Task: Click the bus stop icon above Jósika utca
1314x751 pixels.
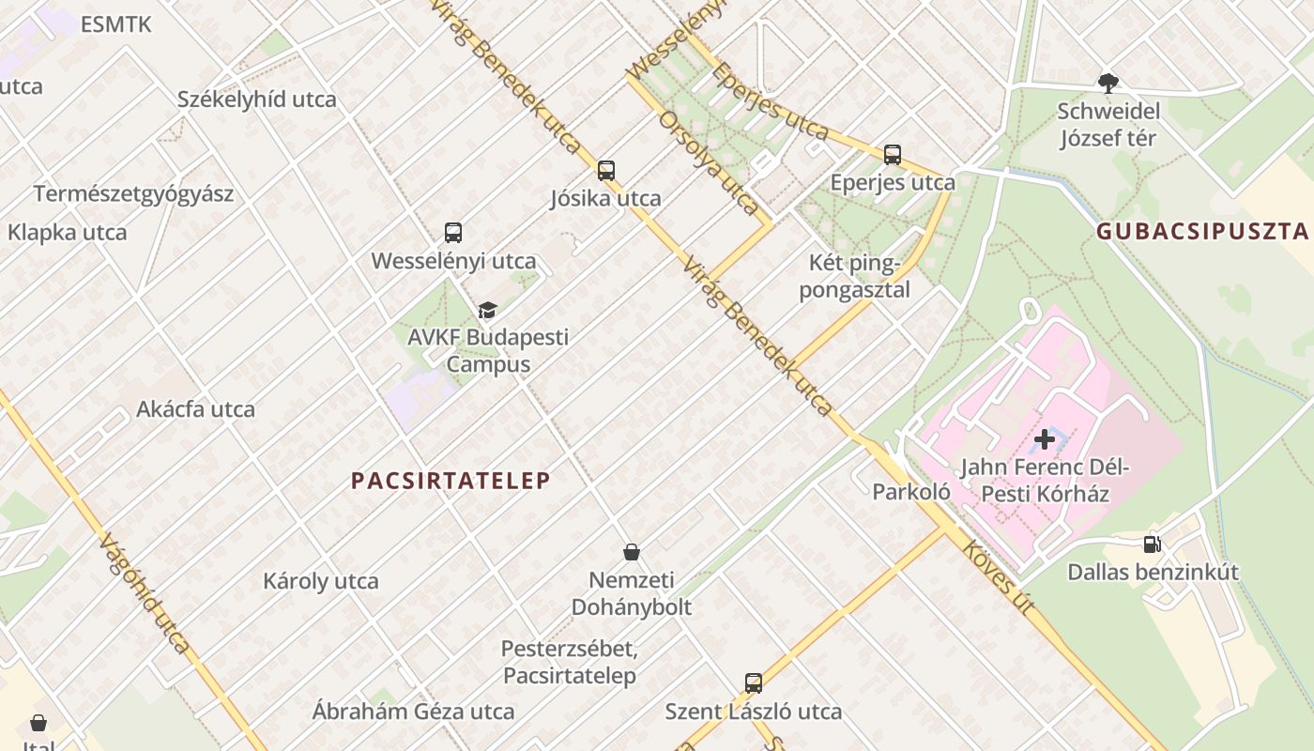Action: (x=606, y=171)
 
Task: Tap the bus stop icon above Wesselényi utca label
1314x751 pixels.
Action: (x=453, y=233)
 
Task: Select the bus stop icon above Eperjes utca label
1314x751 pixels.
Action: (x=893, y=155)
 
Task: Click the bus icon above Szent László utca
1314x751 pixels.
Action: (x=754, y=683)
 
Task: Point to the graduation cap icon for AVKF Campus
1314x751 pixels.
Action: (x=487, y=311)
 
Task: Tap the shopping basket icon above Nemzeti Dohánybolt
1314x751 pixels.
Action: (x=632, y=552)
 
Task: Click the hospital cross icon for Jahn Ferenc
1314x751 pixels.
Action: (x=1044, y=439)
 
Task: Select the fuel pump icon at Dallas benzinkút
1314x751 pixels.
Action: (x=1152, y=544)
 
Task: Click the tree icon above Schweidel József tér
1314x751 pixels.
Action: (x=1108, y=84)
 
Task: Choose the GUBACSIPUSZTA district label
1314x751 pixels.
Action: (x=1201, y=232)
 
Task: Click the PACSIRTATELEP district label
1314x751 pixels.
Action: (x=451, y=481)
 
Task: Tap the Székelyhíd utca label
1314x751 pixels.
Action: (x=257, y=100)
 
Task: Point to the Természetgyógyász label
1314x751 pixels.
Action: (x=133, y=194)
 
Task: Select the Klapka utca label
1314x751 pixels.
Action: (x=68, y=232)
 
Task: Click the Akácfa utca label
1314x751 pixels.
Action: (x=195, y=409)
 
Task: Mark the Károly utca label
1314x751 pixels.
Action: (x=321, y=581)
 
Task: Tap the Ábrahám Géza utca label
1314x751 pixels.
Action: (x=413, y=712)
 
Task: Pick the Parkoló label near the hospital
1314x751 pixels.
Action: (x=911, y=492)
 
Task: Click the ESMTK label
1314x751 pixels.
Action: (x=116, y=25)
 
